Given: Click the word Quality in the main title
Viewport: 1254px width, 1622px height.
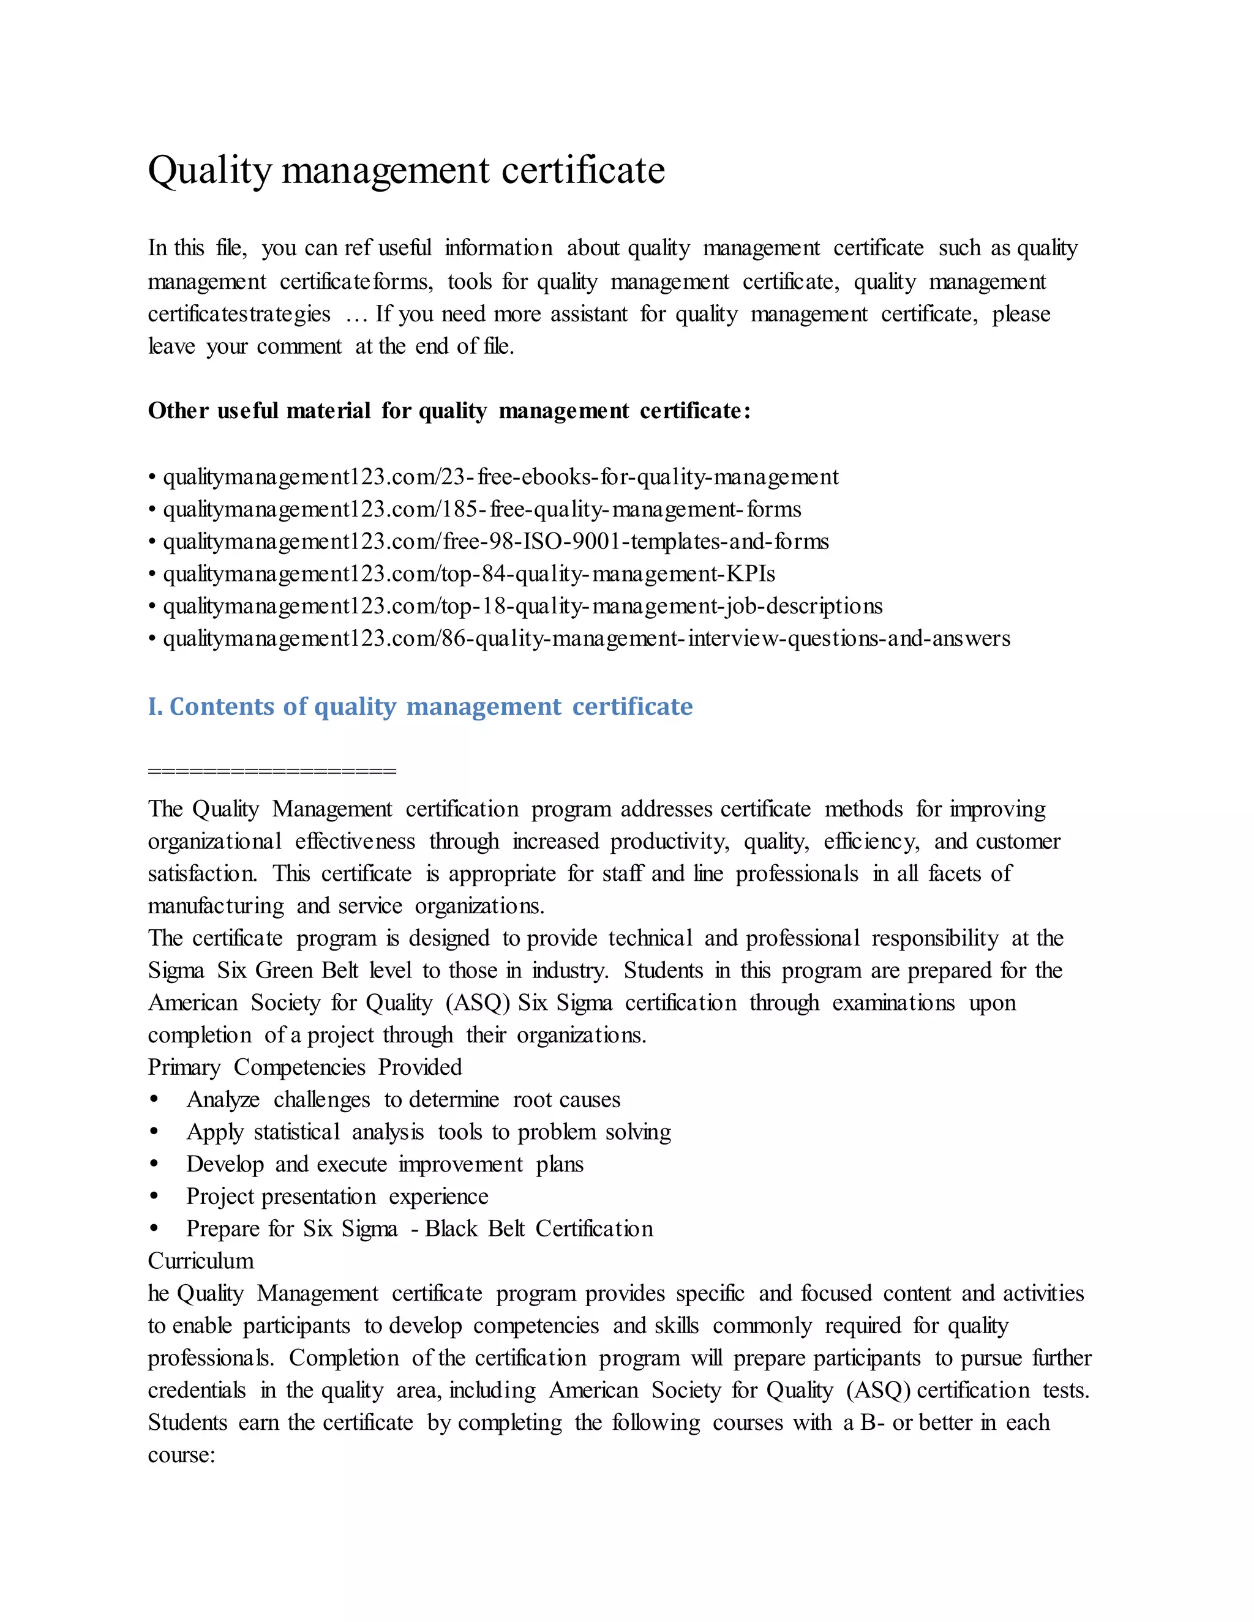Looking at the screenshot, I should pos(210,171).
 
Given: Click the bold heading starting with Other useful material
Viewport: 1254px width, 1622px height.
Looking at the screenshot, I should pos(449,411).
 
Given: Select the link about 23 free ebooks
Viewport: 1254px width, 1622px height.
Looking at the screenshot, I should pos(500,477).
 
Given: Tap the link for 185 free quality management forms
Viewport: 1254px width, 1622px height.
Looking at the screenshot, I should pos(481,509).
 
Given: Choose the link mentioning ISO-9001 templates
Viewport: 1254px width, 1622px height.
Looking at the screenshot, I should pos(495,542).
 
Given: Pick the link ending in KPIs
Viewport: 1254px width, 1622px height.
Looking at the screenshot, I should pos(469,574).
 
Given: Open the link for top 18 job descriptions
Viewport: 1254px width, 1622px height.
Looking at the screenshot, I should pos(522,606).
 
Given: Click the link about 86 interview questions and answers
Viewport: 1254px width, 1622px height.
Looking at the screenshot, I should pos(586,638).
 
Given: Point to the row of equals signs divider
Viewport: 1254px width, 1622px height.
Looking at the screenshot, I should pos(272,771).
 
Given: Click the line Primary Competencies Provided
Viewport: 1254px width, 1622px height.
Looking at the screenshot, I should pos(304,1067).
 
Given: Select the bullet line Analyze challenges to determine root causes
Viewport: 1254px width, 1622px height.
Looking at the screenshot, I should pos(403,1100).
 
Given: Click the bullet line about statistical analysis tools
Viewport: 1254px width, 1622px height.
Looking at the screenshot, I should pos(429,1132).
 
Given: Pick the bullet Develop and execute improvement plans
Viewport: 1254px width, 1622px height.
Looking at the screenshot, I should pos(384,1165).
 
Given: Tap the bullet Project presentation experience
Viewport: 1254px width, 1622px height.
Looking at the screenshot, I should pos(337,1197).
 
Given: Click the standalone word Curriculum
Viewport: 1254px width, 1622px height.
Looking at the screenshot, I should pos(201,1261).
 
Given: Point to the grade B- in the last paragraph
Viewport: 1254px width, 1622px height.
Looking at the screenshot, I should pos(871,1423).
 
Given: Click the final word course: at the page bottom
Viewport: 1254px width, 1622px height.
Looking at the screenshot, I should pos(181,1455).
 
